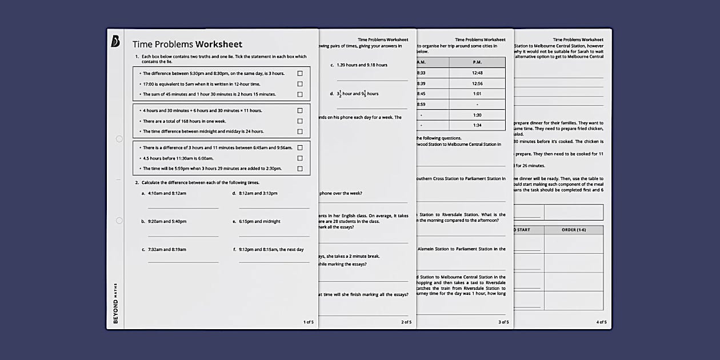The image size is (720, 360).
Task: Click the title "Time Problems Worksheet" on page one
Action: [x=187, y=45]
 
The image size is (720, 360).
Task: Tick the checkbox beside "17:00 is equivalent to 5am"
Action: [x=300, y=84]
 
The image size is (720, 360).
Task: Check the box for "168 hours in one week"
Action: [x=300, y=121]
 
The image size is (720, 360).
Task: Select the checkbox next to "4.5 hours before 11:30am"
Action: [x=300, y=158]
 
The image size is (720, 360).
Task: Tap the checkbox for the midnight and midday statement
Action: [x=300, y=131]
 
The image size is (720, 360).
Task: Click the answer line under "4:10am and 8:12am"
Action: [x=183, y=207]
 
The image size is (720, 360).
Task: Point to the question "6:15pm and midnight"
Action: [x=259, y=222]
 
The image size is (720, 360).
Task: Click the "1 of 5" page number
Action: [x=308, y=322]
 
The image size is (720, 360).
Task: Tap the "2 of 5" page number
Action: [x=406, y=322]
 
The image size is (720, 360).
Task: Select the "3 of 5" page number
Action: [x=503, y=322]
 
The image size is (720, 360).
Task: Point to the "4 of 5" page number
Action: [x=601, y=322]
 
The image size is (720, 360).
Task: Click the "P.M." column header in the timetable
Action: [x=477, y=62]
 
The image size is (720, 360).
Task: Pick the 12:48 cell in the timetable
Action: [x=477, y=73]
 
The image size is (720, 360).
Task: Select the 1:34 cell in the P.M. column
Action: [x=477, y=125]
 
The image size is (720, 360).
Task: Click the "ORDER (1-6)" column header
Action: [x=573, y=230]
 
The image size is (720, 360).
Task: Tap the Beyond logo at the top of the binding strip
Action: [x=115, y=42]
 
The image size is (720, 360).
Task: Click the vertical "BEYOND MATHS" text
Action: [x=115, y=303]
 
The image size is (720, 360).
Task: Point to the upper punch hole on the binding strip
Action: [x=119, y=139]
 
